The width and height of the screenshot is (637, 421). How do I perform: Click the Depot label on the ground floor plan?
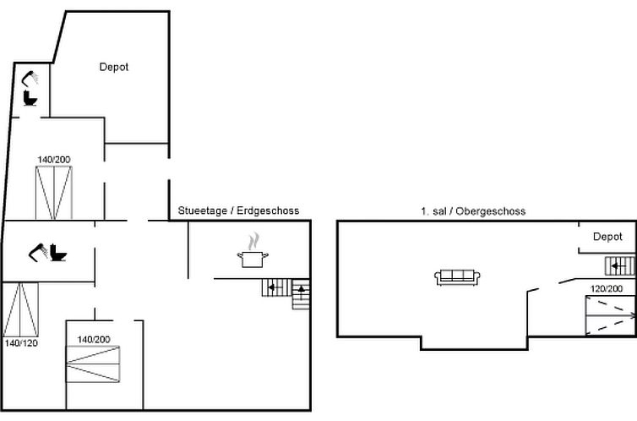point(114,67)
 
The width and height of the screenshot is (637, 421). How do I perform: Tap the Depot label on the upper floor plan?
point(607,237)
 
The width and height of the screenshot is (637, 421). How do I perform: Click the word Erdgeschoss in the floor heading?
point(268,210)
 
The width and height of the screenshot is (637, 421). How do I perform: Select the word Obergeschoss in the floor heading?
point(491,211)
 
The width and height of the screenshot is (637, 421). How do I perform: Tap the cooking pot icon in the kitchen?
point(253,260)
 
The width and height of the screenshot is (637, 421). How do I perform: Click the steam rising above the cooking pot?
point(253,242)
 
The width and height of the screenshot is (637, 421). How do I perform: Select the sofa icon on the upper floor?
point(457,277)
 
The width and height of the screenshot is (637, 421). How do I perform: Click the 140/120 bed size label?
point(21,343)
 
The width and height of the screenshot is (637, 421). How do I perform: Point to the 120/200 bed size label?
point(607,288)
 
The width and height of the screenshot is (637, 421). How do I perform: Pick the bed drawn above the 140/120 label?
point(21,309)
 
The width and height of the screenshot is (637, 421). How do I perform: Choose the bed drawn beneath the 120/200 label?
point(610,316)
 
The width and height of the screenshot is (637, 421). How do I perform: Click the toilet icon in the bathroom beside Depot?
point(30,99)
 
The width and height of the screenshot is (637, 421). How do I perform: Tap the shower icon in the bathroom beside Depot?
point(30,79)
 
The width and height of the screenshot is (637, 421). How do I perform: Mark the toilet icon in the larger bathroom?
point(58,253)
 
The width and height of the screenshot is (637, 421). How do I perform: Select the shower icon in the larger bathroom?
point(39,252)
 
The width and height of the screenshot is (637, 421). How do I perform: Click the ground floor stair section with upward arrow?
point(301,294)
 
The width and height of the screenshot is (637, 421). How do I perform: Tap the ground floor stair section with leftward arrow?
point(277,287)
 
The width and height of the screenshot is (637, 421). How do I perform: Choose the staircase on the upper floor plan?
point(620,266)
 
